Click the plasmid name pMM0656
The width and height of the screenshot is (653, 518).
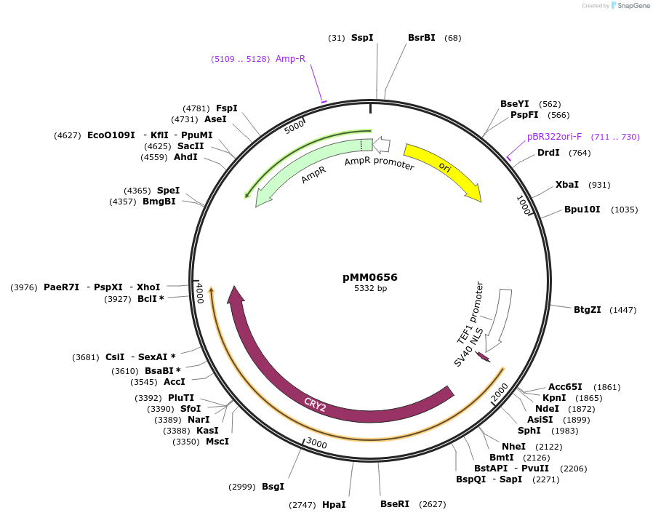[x=370, y=277]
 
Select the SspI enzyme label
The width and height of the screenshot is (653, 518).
[x=362, y=37]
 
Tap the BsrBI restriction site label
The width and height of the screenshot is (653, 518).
[x=422, y=37]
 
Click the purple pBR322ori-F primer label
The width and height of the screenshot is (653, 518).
[x=554, y=137]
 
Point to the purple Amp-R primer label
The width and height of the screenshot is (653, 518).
[x=290, y=59]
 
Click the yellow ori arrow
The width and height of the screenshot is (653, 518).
[x=443, y=170]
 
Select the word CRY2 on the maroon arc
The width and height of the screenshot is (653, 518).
[x=315, y=405]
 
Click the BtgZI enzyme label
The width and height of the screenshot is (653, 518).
[x=588, y=309]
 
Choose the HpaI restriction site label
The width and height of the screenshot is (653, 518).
[x=334, y=504]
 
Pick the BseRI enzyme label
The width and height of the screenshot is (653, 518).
[x=395, y=503]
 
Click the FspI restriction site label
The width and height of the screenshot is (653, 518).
[x=227, y=108]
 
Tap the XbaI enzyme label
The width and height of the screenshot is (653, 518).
[x=567, y=185]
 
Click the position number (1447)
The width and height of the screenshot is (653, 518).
[x=622, y=310]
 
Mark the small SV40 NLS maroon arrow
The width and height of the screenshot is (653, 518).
[x=483, y=356]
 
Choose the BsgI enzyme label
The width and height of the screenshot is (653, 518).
[x=273, y=486]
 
